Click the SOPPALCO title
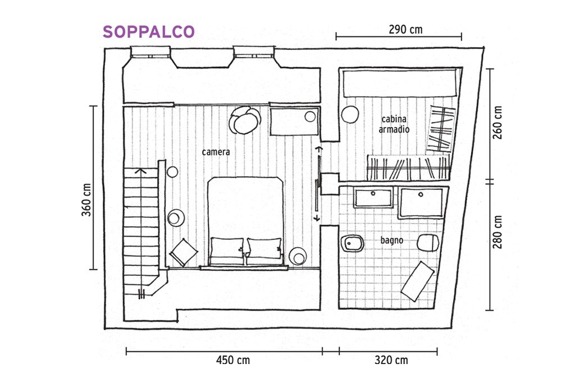[x=148, y=31]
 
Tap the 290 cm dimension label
[x=405, y=29]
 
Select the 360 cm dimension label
[x=86, y=199]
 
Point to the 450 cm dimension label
[x=233, y=360]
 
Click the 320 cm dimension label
[x=391, y=360]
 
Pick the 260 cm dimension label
[x=498, y=122]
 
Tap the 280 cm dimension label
[x=498, y=232]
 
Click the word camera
[x=216, y=152]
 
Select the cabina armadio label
[x=394, y=124]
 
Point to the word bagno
[x=391, y=240]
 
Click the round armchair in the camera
[x=245, y=120]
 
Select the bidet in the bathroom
[x=352, y=243]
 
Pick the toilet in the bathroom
[x=428, y=242]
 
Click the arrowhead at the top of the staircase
[x=140, y=171]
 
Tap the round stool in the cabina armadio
[x=350, y=115]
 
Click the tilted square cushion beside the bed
[x=184, y=252]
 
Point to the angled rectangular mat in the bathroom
[x=418, y=281]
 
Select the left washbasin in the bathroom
[x=373, y=197]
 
